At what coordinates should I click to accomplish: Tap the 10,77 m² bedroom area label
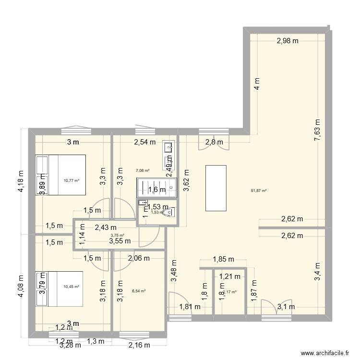71,181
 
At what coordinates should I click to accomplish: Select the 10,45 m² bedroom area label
71,287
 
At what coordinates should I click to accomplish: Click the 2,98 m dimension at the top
288,41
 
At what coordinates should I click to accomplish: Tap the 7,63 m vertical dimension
317,130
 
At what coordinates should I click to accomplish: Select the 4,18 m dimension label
20,182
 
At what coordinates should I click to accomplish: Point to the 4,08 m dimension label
20,286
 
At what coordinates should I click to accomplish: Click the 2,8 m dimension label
214,142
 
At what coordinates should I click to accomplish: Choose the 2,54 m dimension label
144,142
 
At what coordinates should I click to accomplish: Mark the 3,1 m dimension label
287,307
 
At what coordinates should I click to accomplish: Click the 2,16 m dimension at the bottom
139,345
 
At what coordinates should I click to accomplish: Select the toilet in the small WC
168,212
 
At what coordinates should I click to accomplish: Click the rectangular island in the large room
216,188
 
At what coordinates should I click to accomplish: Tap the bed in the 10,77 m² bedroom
60,174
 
